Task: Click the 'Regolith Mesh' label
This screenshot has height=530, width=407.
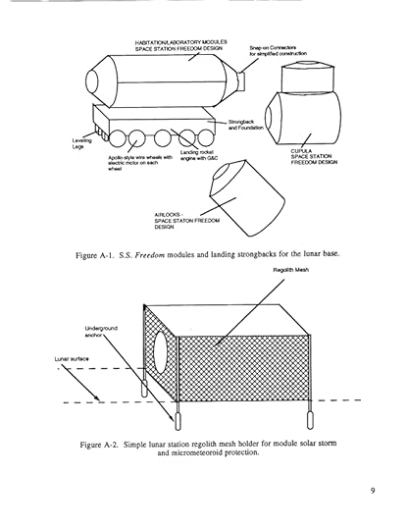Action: (x=290, y=270)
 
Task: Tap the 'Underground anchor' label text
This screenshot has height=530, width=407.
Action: (x=101, y=332)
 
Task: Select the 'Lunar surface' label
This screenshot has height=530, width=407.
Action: (x=72, y=359)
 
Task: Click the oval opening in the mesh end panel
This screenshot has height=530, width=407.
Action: (x=162, y=352)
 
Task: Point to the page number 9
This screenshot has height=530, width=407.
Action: (x=373, y=491)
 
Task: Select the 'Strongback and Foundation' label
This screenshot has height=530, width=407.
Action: (x=245, y=125)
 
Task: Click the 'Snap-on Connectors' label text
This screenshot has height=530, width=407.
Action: (x=273, y=48)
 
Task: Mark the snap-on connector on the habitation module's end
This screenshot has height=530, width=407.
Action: (x=240, y=81)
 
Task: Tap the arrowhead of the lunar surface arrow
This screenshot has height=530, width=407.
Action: (x=97, y=398)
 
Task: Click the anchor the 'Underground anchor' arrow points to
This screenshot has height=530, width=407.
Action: (x=178, y=421)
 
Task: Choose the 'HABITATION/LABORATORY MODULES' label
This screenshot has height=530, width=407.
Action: (x=181, y=42)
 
